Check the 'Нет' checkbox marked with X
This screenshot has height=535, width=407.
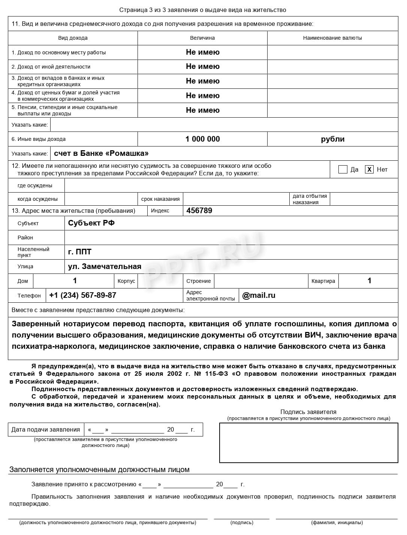tap(369, 169)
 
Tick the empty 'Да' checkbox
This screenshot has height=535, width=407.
tap(343, 169)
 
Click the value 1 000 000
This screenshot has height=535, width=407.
tap(202, 139)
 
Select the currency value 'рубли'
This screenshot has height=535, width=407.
tap(332, 139)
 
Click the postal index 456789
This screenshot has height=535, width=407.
tap(199, 211)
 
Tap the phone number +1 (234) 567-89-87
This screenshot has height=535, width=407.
tap(82, 295)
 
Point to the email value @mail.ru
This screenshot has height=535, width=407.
tap(259, 295)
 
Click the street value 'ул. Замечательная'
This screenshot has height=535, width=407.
tap(105, 266)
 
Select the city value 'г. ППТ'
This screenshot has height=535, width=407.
tap(79, 252)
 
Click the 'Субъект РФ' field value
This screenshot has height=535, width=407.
tap(91, 223)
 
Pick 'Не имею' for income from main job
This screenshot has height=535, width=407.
tap(202, 52)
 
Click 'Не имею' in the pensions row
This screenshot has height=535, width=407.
tap(202, 110)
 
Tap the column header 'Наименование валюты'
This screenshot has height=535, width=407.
tap(332, 38)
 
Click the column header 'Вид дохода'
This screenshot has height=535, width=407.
tap(73, 38)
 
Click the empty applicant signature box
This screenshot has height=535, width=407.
tap(308, 443)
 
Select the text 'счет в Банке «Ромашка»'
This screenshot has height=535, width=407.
tap(101, 153)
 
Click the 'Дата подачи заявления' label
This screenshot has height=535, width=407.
tap(46, 429)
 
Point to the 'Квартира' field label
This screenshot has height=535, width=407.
tap(323, 281)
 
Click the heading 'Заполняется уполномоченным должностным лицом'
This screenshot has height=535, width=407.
tap(99, 469)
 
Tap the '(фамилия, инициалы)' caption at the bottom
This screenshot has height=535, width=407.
tap(337, 522)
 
